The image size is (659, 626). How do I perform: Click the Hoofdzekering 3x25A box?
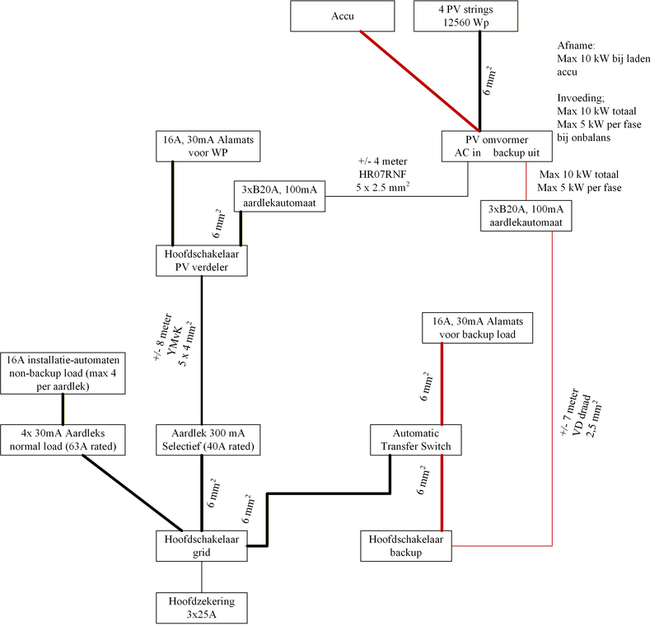(x=203, y=608)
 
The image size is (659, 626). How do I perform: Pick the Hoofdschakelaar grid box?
(x=203, y=545)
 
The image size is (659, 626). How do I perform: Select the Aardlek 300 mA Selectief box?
(x=203, y=441)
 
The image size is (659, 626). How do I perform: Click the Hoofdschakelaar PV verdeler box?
(x=203, y=259)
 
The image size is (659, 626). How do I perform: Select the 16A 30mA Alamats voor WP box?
(x=203, y=146)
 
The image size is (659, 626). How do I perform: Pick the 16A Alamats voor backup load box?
(x=477, y=327)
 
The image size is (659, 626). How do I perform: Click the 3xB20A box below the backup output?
(x=526, y=217)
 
